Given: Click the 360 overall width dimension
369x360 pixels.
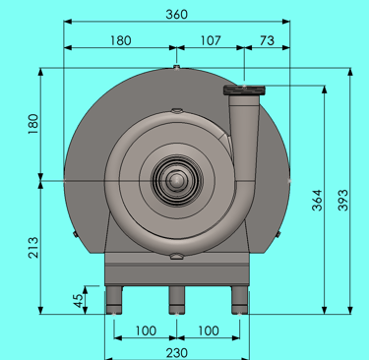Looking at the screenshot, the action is [x=176, y=15].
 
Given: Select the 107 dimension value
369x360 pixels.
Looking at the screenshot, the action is [x=211, y=40].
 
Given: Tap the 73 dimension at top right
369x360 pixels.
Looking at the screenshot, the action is [x=267, y=40].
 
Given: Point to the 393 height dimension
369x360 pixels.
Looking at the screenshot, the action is [x=342, y=200].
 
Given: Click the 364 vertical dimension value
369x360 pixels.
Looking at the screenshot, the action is [x=317, y=200].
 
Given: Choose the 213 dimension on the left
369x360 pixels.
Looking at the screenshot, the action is [x=33, y=248].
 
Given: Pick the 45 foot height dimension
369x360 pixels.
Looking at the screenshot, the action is [x=78, y=301].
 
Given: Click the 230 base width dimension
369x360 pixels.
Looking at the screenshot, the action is [x=176, y=353].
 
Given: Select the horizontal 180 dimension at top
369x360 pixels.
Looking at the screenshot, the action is [x=120, y=40].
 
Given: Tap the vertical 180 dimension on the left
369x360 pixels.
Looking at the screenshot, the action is [x=33, y=124].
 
